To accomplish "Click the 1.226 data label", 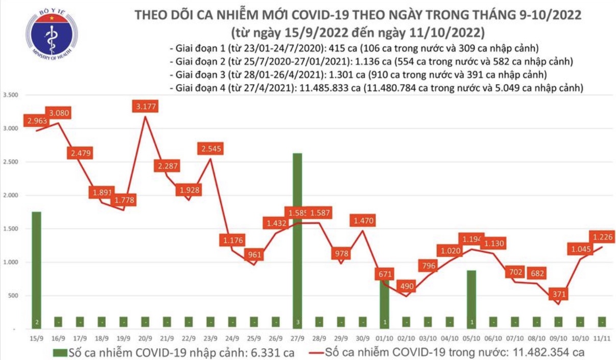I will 603,236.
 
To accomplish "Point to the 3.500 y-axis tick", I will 10,95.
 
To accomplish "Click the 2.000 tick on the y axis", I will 10,196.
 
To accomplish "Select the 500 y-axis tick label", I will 12,296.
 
